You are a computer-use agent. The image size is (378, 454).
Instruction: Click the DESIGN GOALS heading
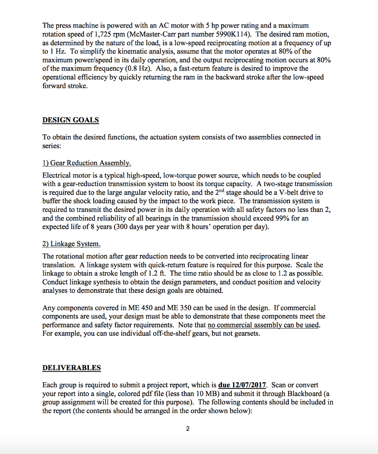(71, 120)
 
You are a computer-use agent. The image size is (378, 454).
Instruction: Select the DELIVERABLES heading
(72, 368)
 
